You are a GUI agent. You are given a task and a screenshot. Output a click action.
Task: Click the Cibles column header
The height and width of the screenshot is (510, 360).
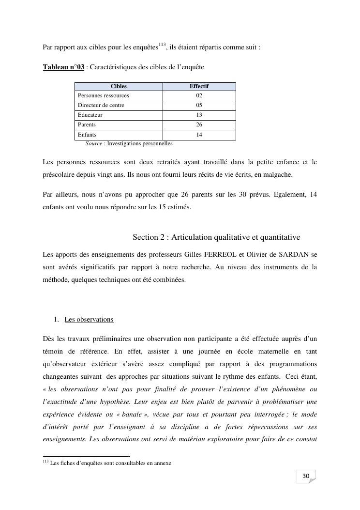click(119, 86)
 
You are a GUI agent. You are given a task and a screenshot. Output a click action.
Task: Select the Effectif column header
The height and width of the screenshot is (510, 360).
click(199, 86)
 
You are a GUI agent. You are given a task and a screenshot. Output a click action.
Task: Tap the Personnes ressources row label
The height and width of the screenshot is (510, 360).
click(104, 95)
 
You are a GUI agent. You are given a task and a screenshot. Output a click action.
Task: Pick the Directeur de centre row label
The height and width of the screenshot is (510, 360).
click(101, 105)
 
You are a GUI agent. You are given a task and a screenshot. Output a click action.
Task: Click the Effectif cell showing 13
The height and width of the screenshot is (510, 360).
click(199, 115)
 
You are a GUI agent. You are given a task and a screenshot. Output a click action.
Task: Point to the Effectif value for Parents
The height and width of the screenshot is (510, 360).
click(199, 124)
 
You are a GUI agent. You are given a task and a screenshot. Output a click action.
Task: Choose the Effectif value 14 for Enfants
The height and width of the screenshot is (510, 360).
click(199, 135)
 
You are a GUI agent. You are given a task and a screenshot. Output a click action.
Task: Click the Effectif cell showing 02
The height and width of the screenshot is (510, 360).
click(199, 95)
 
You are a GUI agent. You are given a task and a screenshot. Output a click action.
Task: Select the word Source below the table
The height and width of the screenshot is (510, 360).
click(94, 143)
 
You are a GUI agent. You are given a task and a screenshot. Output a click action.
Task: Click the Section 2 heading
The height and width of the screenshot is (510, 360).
click(216, 237)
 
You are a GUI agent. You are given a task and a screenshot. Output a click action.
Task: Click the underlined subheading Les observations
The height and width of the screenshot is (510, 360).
click(89, 320)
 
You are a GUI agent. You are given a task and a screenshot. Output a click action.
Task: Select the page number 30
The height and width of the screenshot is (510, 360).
click(306, 476)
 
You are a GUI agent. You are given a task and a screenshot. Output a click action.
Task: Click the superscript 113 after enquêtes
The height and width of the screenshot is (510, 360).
click(162, 45)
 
